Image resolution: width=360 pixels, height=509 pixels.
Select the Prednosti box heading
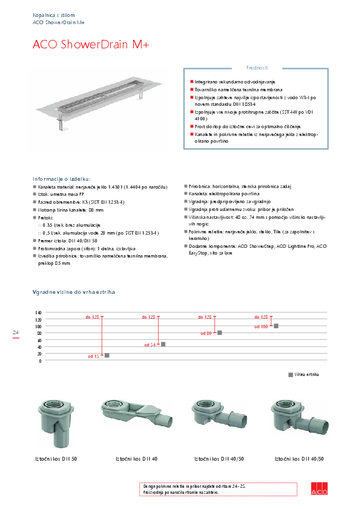pos(257,68)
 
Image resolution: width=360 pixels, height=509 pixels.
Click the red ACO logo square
pos(319,490)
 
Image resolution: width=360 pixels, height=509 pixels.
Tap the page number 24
pos(16,332)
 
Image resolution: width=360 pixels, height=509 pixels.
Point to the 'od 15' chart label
pos(93,357)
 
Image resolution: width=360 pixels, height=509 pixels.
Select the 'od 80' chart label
pos(206,333)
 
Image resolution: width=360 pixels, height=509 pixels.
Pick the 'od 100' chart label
pos(261,326)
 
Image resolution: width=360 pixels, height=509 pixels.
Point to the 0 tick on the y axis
pos(40,361)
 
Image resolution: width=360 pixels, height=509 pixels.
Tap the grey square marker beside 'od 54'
pos(163,344)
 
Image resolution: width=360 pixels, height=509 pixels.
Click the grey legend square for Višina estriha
pos(290,375)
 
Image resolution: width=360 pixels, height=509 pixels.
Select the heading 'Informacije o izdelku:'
pos(62,179)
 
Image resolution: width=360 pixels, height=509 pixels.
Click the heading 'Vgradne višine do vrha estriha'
pos(74,292)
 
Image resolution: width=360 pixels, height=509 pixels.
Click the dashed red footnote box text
pos(182,489)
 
